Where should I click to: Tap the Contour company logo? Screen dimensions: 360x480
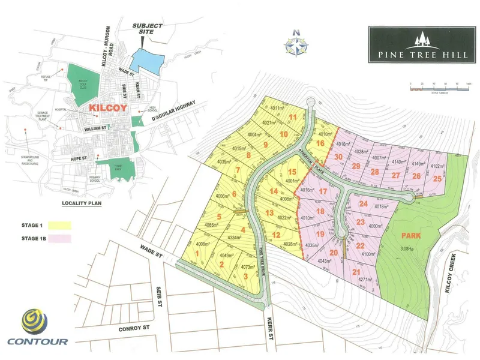click(x=37, y=328)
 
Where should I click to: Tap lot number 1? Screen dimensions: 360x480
click(x=196, y=254)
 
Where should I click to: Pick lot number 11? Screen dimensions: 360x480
click(x=293, y=117)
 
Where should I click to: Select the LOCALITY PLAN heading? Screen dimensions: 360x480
click(x=83, y=204)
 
